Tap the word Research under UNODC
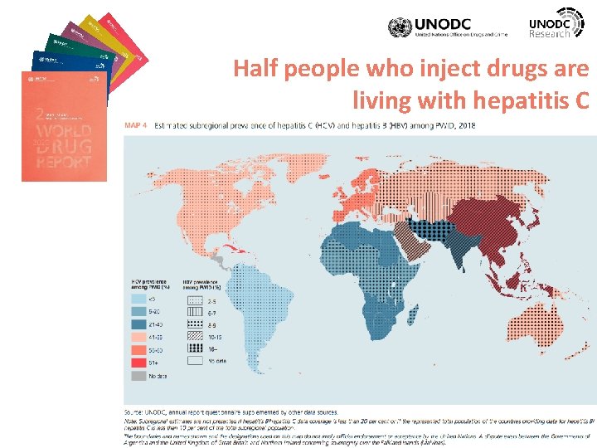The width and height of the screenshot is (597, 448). (x=550, y=33)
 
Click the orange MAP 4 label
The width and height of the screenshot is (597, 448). (x=137, y=125)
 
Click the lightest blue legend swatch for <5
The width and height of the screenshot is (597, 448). (x=139, y=299)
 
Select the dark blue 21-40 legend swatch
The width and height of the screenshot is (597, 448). (x=139, y=325)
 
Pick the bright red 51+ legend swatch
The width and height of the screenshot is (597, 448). (x=139, y=363)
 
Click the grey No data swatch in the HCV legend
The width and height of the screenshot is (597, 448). (x=139, y=376)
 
